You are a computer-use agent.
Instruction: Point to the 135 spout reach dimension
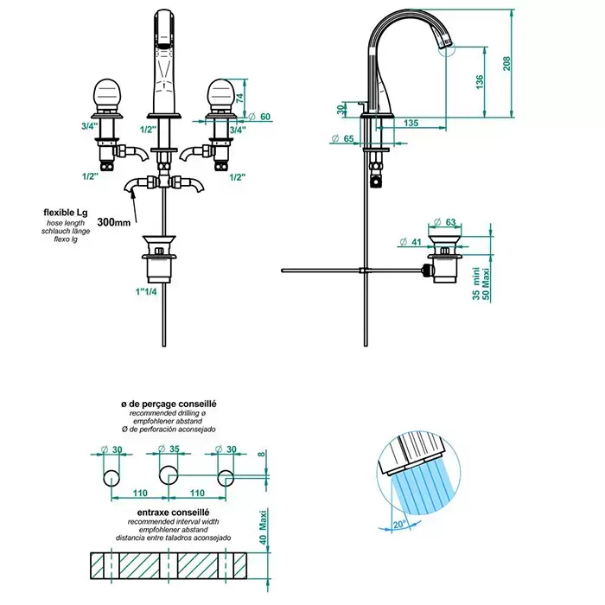(411, 124)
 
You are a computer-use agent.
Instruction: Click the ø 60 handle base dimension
(259, 118)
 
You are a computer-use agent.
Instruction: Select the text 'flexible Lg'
(69, 211)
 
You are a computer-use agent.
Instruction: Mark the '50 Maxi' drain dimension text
(487, 280)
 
